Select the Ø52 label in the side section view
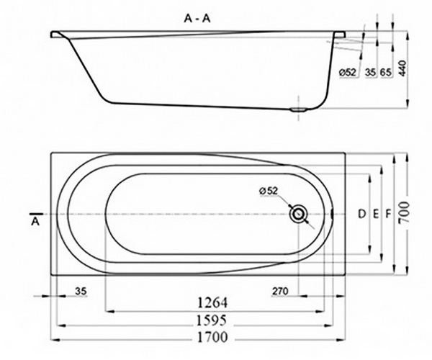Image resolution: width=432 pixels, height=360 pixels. click(x=348, y=72)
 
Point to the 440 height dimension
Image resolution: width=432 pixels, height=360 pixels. click(x=403, y=68)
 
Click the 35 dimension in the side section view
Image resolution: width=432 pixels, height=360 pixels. click(x=371, y=72)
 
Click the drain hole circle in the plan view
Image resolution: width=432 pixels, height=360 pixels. click(x=297, y=215)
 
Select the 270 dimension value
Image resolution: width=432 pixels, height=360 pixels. click(x=281, y=292)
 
